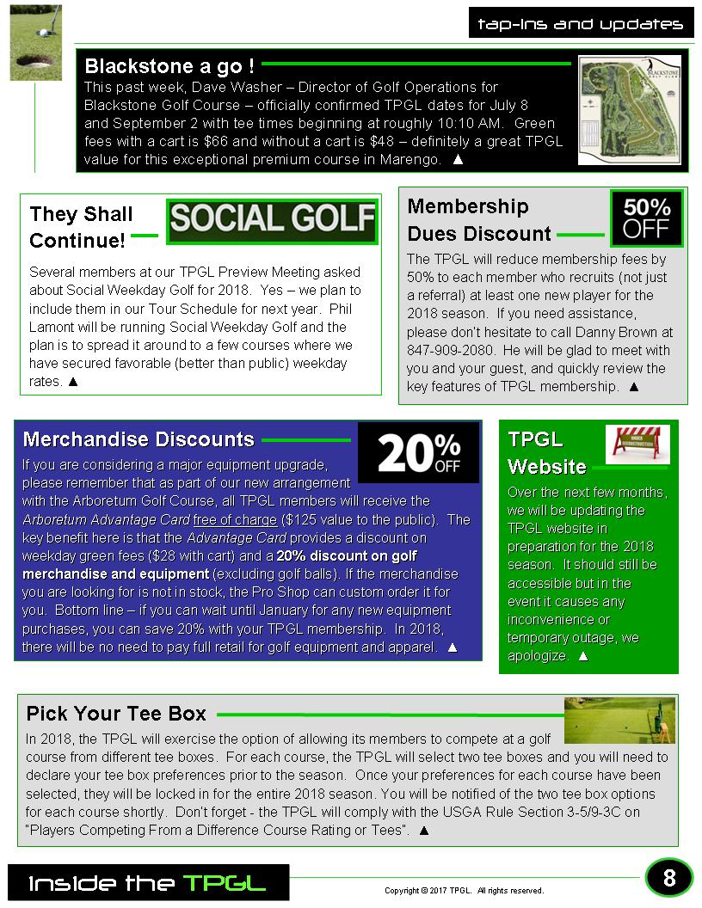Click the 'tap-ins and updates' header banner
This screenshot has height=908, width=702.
pos(581,24)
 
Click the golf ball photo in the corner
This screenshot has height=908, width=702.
pos(35,42)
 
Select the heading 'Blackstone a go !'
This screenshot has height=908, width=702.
pos(169,66)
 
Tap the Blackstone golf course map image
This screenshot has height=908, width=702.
pos(629,109)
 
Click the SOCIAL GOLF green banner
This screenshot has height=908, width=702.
pos(272,220)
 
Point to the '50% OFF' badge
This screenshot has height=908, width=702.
pos(646,218)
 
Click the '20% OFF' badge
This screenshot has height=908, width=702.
pos(418,453)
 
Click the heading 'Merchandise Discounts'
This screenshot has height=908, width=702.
pos(139,439)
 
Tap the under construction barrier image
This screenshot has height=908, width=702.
pos(637,444)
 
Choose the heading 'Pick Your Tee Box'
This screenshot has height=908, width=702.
pos(116,714)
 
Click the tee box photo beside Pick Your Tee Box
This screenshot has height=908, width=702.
pos(619,721)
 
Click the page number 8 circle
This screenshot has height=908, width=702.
pos(668,878)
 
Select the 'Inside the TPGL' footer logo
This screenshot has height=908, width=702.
pos(148,883)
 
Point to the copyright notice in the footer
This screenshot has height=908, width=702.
pos(464,891)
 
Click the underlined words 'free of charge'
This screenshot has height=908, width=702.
pos(235,519)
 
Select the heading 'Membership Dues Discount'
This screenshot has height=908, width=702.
pos(478,220)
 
